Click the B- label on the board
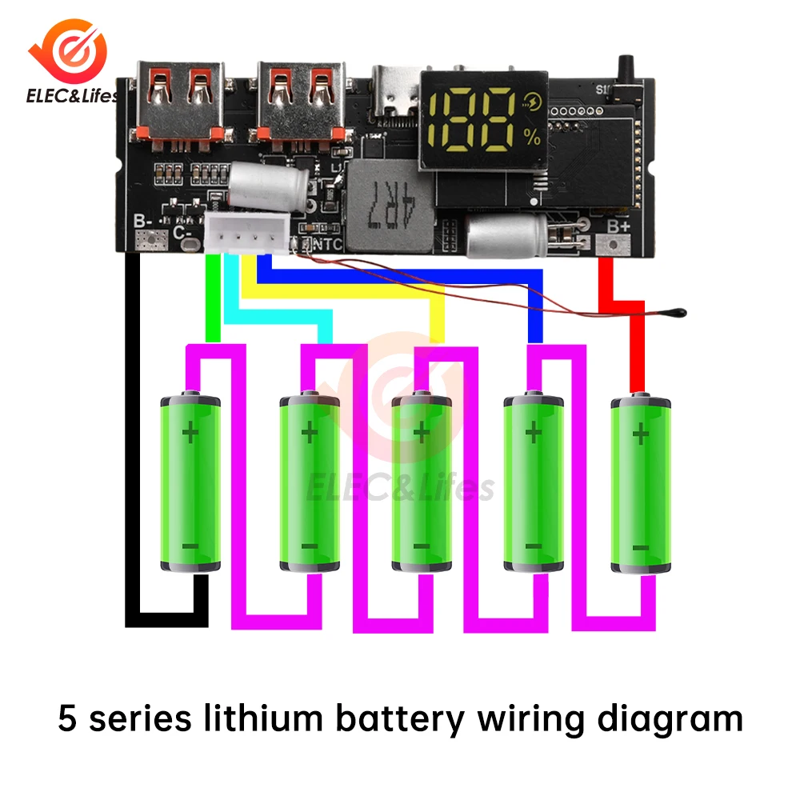pyautogui.click(x=143, y=222)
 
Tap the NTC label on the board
pyautogui.click(x=327, y=244)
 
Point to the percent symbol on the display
pyautogui.click(x=533, y=137)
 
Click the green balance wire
pyautogui.click(x=213, y=296)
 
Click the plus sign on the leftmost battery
pyautogui.click(x=190, y=434)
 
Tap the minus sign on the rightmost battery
pyautogui.click(x=640, y=547)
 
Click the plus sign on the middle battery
pyautogui.click(x=421, y=434)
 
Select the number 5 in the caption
pyautogui.click(x=67, y=719)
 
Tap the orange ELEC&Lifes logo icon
pyautogui.click(x=71, y=51)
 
